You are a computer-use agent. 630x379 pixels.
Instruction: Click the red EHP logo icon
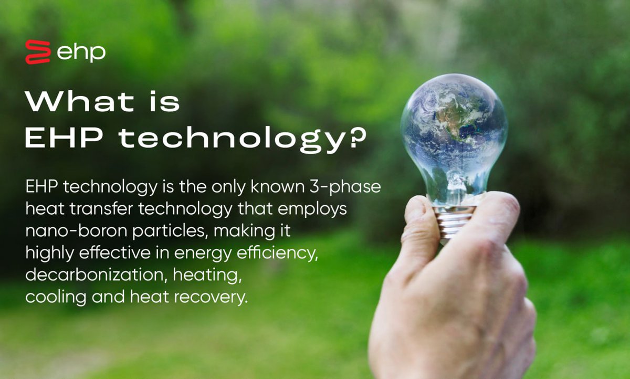click(x=38, y=52)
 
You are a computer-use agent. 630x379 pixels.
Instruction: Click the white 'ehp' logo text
click(x=81, y=52)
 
